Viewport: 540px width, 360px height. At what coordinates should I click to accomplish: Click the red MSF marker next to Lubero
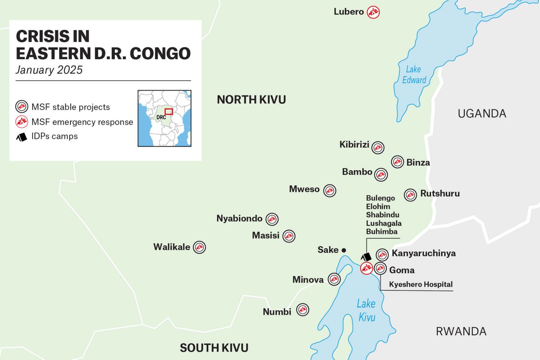[x=373, y=12]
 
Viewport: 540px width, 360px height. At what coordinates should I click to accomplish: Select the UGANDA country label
[x=482, y=114]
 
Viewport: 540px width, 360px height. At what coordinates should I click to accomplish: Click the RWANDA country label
[x=461, y=331]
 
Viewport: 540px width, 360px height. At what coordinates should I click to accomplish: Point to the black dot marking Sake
[x=344, y=250]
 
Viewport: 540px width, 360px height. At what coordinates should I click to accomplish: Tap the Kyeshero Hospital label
[x=420, y=285]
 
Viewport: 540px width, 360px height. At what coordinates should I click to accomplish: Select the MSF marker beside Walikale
[x=199, y=248]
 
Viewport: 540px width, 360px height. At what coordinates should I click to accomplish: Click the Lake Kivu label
[x=366, y=310]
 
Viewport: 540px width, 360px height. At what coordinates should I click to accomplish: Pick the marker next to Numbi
[x=303, y=310]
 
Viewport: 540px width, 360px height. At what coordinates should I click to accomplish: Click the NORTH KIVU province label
[x=251, y=100]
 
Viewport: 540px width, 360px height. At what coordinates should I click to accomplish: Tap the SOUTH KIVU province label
[x=214, y=348]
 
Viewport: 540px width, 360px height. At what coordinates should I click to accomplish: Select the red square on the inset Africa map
[x=169, y=112]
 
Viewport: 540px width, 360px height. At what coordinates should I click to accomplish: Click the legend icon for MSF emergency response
[x=22, y=122]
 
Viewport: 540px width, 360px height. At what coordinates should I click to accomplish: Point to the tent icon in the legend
[x=22, y=137]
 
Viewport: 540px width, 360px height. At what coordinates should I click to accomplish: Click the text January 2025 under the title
[x=49, y=70]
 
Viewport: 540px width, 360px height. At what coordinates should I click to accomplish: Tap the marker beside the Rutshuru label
[x=410, y=195]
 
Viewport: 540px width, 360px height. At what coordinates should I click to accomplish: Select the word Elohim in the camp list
[x=378, y=207]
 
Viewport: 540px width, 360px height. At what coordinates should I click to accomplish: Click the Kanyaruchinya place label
[x=423, y=253]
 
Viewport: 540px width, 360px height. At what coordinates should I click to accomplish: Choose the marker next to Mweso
[x=330, y=190]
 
